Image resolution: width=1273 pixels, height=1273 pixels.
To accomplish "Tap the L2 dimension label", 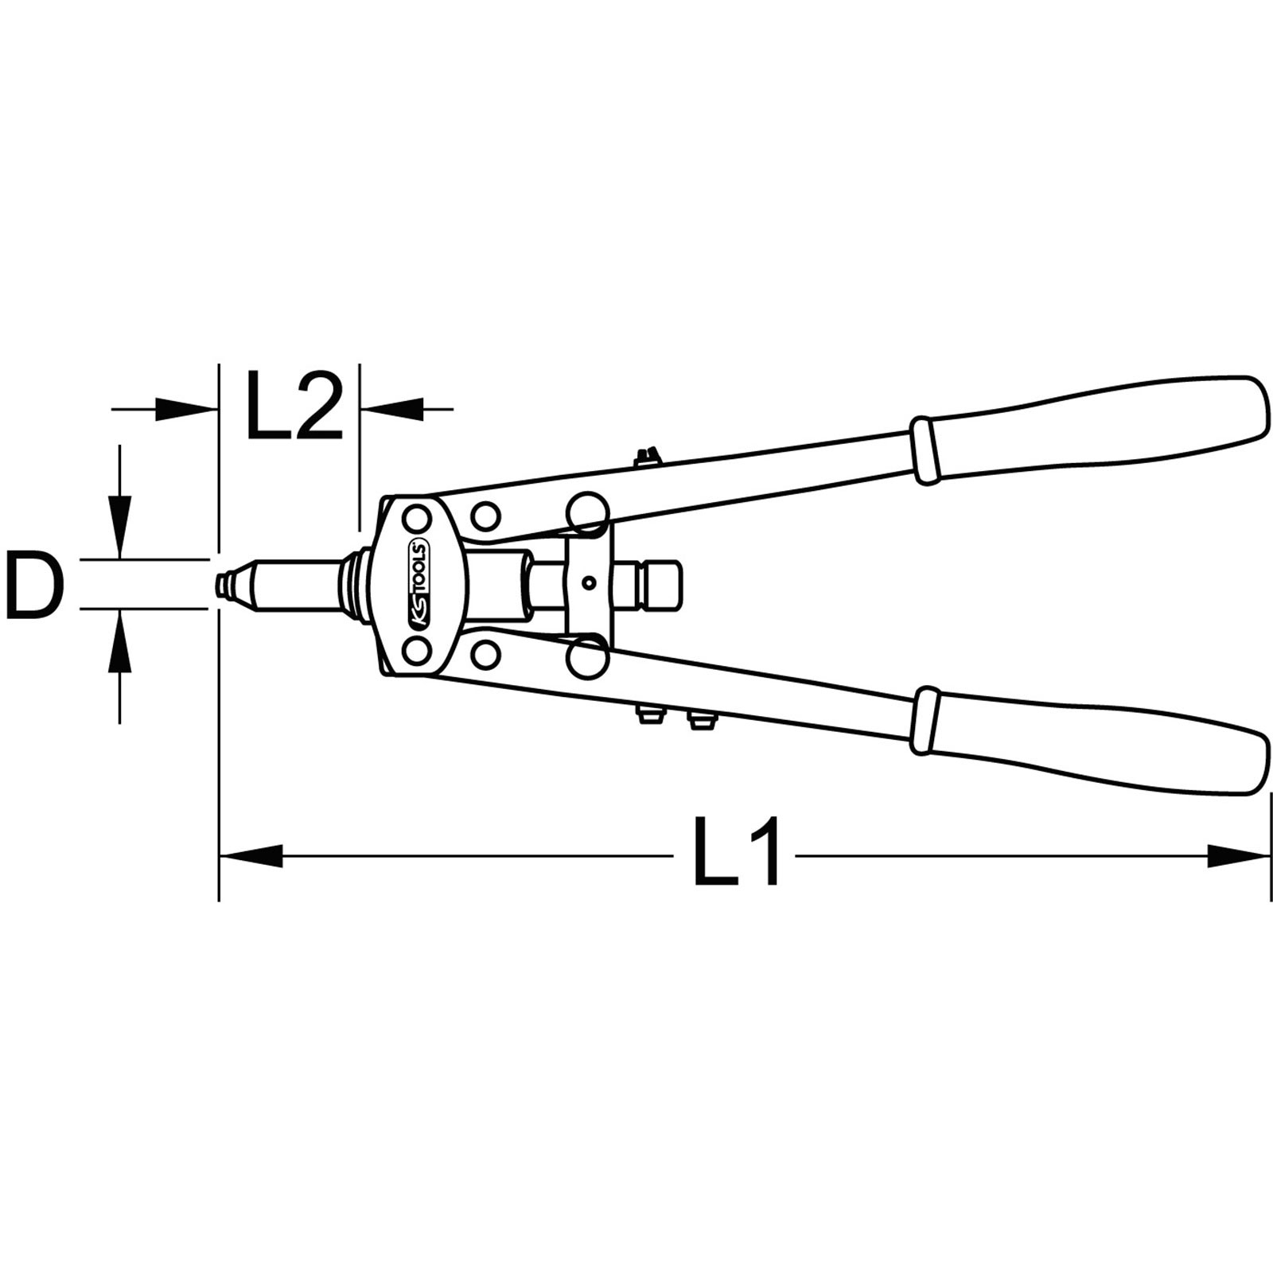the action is click(294, 406).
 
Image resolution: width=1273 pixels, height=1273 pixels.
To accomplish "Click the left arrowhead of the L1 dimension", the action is click(251, 856).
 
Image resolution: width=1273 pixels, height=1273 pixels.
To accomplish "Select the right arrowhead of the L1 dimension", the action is click(1238, 856).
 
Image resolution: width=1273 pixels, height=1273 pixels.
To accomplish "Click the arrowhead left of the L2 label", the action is click(186, 409).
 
